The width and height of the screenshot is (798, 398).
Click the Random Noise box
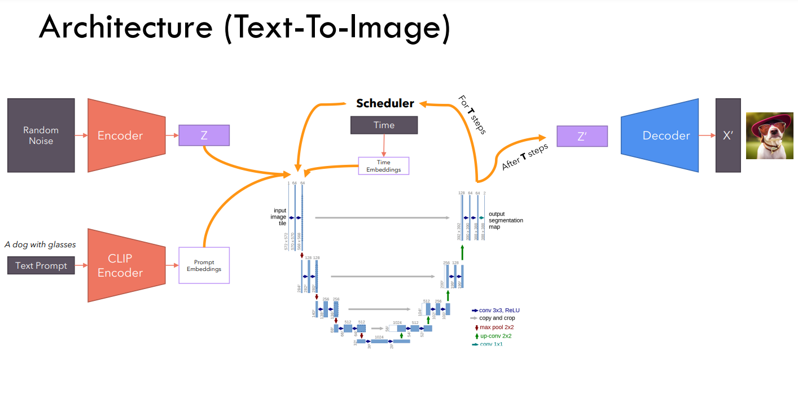click(41, 135)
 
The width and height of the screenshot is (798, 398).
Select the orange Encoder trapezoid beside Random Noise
click(126, 135)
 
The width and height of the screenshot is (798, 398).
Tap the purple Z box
click(204, 135)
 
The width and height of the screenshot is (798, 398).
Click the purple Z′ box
click(582, 136)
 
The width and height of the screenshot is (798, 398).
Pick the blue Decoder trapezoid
click(659, 135)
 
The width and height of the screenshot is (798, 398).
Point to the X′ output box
click(727, 135)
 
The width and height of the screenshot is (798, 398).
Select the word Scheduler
click(385, 103)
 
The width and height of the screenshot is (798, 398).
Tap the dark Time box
click(384, 125)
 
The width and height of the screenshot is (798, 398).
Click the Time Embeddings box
click(383, 166)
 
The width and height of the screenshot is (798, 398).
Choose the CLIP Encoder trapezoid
click(126, 265)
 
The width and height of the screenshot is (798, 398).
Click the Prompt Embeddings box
click(204, 265)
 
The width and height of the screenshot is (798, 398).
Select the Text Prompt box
click(41, 265)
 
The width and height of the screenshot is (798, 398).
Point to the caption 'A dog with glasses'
click(40, 244)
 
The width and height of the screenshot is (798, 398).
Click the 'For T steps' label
click(472, 115)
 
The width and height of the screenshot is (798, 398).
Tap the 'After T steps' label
click(525, 157)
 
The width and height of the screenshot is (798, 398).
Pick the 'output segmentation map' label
click(505, 220)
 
